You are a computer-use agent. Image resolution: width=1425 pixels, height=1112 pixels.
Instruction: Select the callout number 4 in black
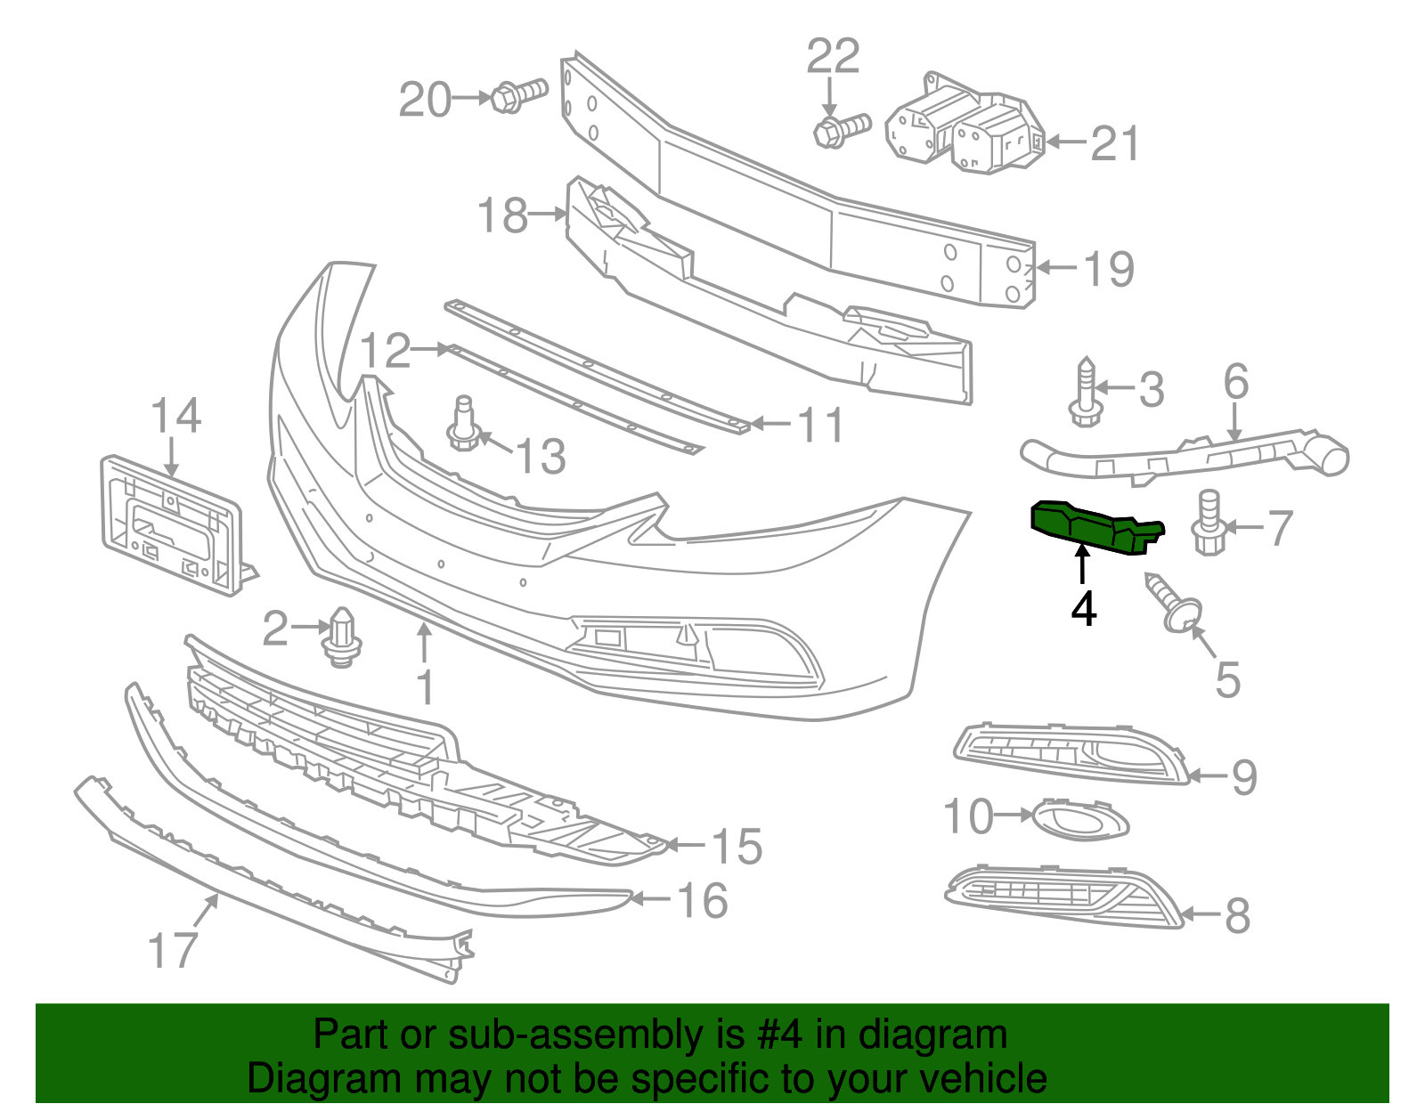(x=1083, y=610)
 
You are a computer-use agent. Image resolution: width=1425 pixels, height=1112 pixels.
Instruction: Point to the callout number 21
(x=1115, y=143)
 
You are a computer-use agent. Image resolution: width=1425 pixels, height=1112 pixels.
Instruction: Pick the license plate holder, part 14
(x=169, y=525)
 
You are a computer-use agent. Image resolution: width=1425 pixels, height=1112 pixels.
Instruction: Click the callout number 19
(x=1109, y=269)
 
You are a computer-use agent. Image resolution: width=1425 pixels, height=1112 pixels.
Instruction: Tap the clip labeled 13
(x=462, y=426)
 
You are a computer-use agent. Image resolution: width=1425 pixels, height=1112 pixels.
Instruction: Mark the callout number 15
(x=737, y=846)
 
